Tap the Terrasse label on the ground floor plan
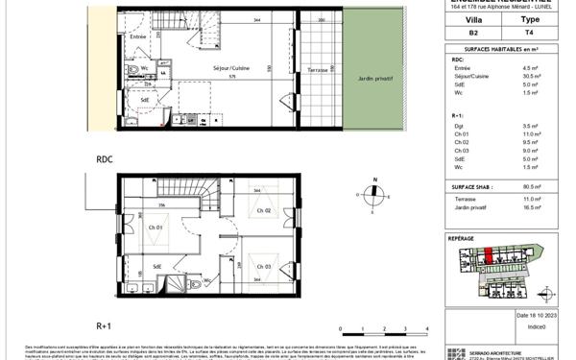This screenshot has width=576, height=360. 318,70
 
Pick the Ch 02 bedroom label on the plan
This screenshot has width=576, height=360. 263,210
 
